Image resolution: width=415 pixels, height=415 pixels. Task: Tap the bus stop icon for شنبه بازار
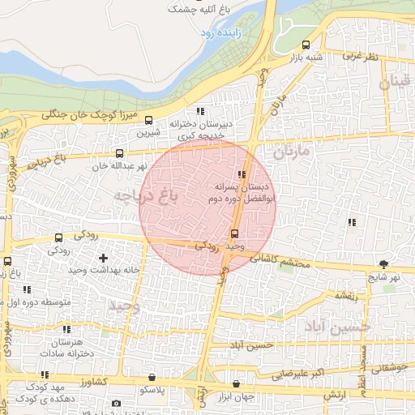pyautogui.click(x=306, y=45)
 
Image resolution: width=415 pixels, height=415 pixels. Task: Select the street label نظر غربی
pyautogui.click(x=361, y=56)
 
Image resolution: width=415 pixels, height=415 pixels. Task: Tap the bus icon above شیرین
pyautogui.click(x=147, y=120)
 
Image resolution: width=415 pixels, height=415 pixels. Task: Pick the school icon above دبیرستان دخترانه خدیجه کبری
pyautogui.click(x=200, y=112)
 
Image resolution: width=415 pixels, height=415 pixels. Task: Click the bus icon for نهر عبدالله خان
pyautogui.click(x=120, y=153)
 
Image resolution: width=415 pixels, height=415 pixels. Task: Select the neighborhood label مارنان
pyautogui.click(x=292, y=152)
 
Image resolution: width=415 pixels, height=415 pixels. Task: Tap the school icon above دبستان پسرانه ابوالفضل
pyautogui.click(x=241, y=174)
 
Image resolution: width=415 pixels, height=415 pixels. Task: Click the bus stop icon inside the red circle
pyautogui.click(x=235, y=234)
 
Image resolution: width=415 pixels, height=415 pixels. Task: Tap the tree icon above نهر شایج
pyautogui.click(x=383, y=264)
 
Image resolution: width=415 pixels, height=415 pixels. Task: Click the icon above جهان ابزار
pyautogui.click(x=236, y=384)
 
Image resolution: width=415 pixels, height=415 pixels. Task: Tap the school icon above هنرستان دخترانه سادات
pyautogui.click(x=66, y=330)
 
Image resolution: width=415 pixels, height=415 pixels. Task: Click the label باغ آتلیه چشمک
pyautogui.click(x=195, y=10)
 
